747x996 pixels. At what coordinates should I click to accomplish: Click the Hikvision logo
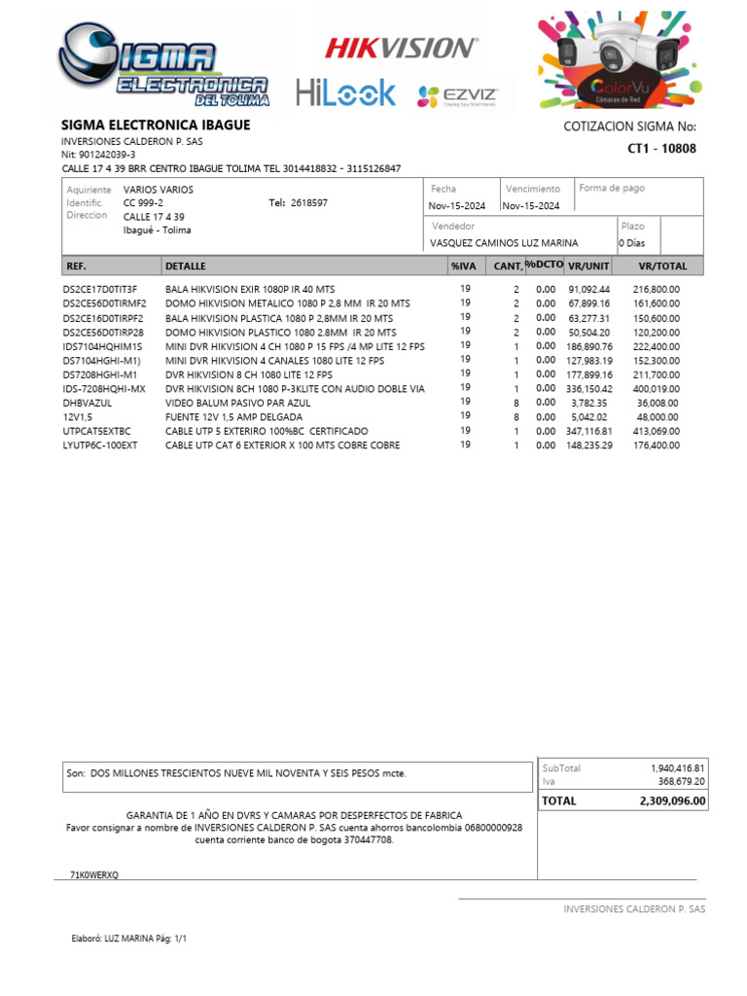[401, 47]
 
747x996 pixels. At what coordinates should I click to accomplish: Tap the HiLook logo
[346, 93]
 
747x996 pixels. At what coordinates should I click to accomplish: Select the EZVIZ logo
[457, 95]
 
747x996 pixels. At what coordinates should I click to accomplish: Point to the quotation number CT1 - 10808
[661, 149]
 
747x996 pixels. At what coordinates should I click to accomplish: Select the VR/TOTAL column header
[662, 266]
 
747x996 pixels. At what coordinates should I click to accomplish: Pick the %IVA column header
[463, 266]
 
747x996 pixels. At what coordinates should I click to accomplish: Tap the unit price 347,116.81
[588, 430]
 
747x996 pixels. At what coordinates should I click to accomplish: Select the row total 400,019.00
[658, 388]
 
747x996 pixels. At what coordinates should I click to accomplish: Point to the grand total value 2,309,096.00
[672, 801]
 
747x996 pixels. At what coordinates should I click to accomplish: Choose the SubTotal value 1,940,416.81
[677, 768]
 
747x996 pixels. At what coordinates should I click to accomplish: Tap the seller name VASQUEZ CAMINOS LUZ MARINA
[504, 243]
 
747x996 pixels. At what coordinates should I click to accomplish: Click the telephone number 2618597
[309, 203]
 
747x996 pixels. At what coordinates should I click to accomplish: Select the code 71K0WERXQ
[93, 875]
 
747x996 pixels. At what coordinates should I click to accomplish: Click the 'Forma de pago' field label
[612, 188]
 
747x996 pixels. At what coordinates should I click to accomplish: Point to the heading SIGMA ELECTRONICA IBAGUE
[156, 125]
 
